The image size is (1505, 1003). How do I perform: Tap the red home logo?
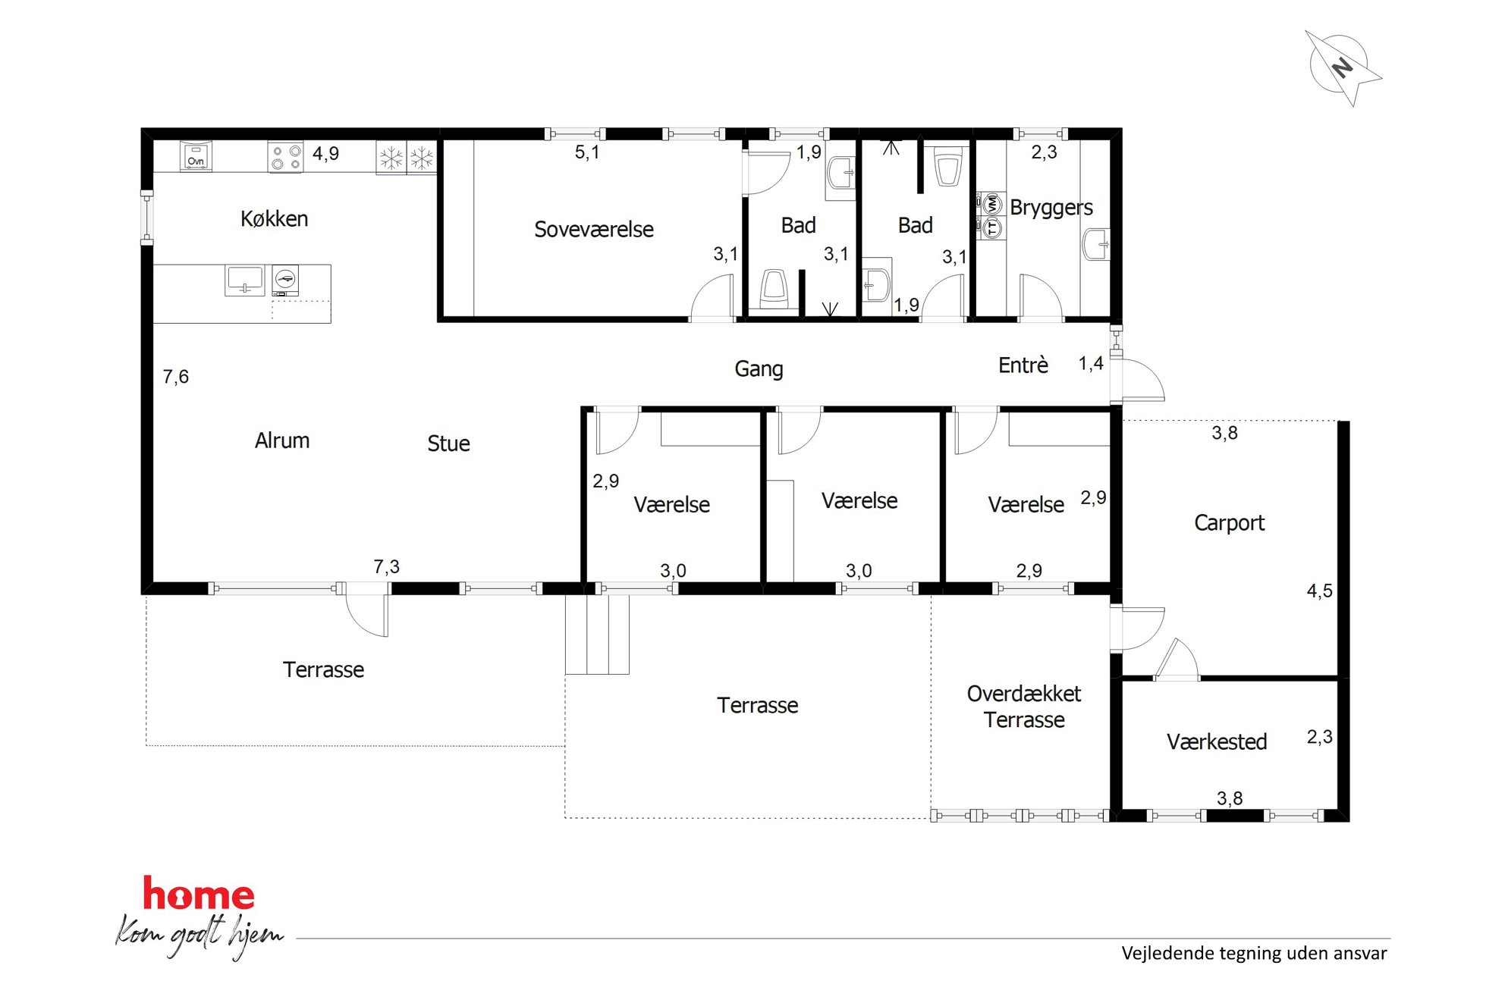(199, 894)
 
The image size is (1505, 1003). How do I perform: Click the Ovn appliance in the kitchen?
(196, 157)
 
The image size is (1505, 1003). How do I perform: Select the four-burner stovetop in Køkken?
(286, 157)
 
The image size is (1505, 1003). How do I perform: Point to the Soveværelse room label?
(594, 229)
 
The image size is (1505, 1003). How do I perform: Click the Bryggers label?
(1051, 208)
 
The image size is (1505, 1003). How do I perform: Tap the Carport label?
(1229, 522)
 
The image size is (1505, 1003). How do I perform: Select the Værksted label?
(1217, 741)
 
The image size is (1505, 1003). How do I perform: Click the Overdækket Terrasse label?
(1024, 707)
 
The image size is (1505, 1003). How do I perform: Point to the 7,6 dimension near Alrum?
(176, 377)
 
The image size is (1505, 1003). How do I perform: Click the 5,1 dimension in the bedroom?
(587, 152)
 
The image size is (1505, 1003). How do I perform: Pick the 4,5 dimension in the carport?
(1319, 591)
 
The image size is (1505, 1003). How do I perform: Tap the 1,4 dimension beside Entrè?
(1091, 364)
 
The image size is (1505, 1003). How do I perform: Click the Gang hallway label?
(759, 369)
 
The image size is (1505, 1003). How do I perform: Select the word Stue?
(448, 444)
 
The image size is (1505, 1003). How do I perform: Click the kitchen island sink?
(244, 280)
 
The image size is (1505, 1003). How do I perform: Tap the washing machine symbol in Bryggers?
(991, 204)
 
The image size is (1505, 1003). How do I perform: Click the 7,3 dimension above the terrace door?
(386, 567)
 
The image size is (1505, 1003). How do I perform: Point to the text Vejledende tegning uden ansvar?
(1254, 954)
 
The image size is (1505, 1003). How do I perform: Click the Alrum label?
(282, 440)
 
